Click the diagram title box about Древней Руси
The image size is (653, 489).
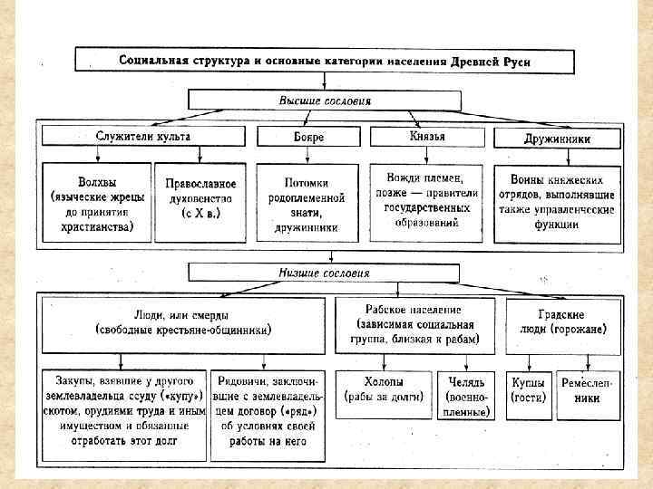coord(324,61)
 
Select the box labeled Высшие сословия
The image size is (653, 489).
coord(324,101)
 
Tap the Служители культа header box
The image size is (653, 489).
coord(143,137)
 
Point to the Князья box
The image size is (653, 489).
coord(427,137)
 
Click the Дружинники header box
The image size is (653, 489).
coord(557,139)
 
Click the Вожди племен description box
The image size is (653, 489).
coord(424,201)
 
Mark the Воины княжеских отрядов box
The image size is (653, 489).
coord(557,203)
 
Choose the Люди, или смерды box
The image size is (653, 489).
coord(182,322)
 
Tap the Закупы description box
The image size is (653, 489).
coord(124,410)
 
